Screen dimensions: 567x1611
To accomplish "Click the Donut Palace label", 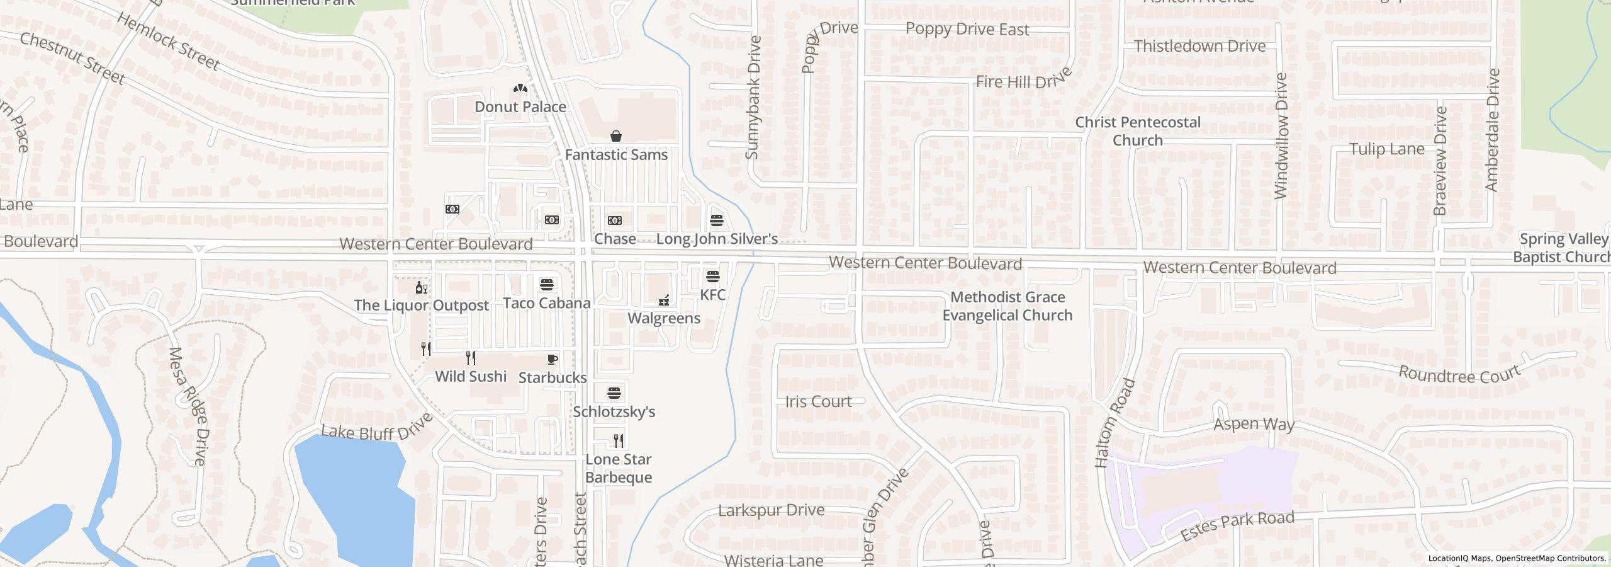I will [x=520, y=107].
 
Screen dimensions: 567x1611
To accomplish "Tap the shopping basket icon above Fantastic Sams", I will [x=616, y=136].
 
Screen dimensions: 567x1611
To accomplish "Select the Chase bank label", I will [x=614, y=239].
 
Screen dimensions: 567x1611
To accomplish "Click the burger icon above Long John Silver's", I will [x=717, y=220].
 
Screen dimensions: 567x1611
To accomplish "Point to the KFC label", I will [x=712, y=295].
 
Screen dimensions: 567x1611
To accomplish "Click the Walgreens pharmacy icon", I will [x=663, y=301].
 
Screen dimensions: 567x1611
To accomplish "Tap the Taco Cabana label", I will [x=546, y=303].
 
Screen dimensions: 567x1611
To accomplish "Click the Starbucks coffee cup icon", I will [x=552, y=360].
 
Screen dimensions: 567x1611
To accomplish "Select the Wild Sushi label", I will [x=471, y=377].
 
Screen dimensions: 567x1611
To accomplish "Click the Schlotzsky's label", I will [x=614, y=412].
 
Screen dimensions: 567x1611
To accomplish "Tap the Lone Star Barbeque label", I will [x=618, y=468].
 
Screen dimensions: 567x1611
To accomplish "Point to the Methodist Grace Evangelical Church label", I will [x=1007, y=306].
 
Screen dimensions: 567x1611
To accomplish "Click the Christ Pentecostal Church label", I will [x=1137, y=131].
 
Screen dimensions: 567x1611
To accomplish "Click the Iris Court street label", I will [x=818, y=401].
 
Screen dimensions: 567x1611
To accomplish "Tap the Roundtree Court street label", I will [x=1459, y=374].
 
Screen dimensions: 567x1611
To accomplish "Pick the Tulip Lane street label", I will [x=1386, y=149].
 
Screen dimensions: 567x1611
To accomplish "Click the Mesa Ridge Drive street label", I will [x=188, y=406].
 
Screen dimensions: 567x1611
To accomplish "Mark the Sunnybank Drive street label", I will [x=753, y=98].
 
